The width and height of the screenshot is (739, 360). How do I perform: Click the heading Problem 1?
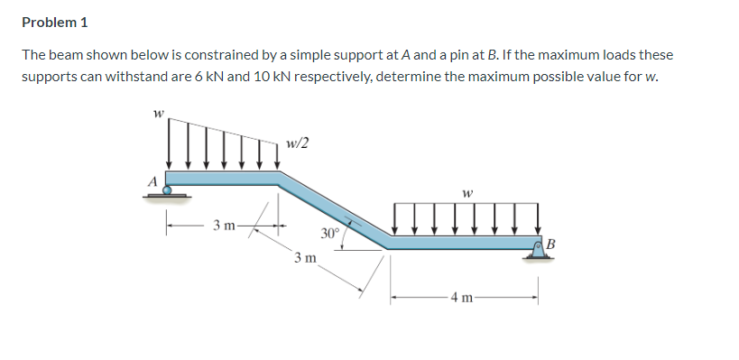click(56, 22)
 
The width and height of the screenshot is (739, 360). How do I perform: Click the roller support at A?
click(167, 191)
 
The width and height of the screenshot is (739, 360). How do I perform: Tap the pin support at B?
click(540, 254)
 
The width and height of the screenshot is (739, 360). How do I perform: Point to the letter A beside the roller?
click(153, 180)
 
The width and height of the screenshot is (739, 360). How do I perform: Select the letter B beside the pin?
click(552, 244)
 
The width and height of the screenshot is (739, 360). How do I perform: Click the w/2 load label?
click(297, 143)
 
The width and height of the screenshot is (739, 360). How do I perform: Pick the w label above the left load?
click(159, 114)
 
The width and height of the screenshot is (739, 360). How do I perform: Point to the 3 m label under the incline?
click(304, 258)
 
